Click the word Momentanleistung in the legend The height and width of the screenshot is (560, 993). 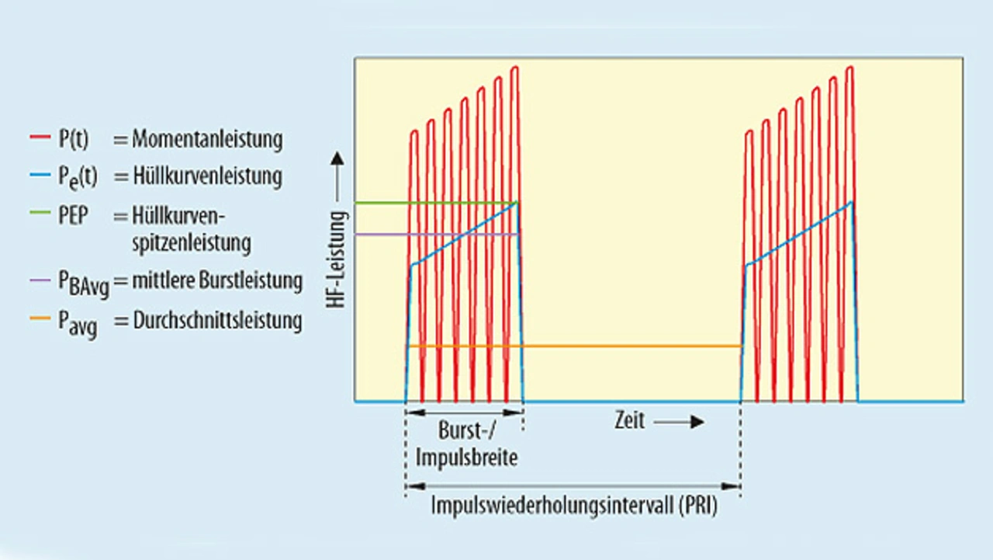pos(206,140)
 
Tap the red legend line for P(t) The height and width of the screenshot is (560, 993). pos(40,140)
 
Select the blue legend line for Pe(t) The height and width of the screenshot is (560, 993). pos(40,177)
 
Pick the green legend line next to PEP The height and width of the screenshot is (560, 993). pos(40,214)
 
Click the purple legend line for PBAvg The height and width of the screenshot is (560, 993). pos(40,280)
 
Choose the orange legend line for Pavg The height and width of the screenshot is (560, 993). pos(40,320)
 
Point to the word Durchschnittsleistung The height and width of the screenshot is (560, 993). pos(217,320)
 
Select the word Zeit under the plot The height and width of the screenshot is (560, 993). pos(629,422)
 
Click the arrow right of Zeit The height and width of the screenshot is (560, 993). pos(680,422)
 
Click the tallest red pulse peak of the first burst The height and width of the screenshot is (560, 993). pos(515,69)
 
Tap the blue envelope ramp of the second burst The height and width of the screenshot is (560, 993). pos(799,234)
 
